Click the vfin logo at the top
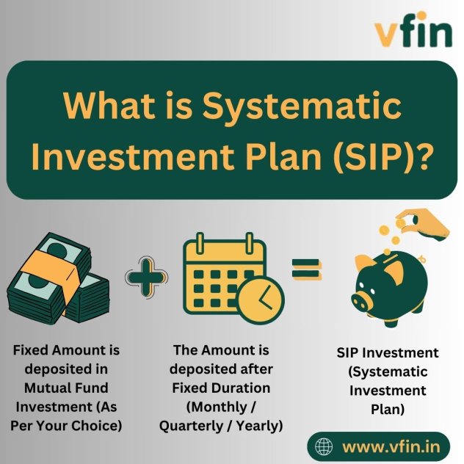point(413,29)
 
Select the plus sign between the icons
point(147,277)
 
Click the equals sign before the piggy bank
point(306,269)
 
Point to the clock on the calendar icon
point(261,300)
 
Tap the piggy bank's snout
point(361,301)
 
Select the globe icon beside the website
point(324,446)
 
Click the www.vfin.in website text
point(391,446)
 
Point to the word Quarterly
point(191,426)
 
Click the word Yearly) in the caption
point(260,426)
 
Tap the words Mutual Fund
point(66,388)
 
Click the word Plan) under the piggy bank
point(388,410)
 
